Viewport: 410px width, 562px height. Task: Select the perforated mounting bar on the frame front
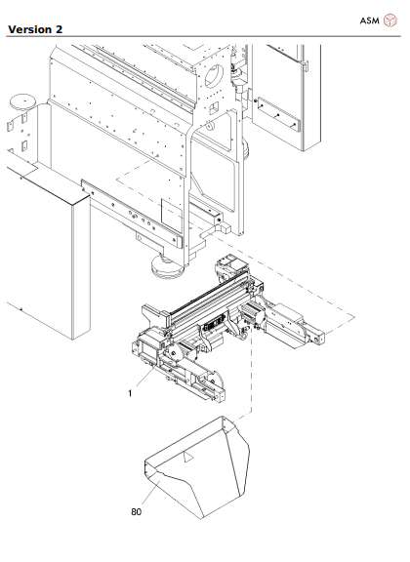pos(132,216)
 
